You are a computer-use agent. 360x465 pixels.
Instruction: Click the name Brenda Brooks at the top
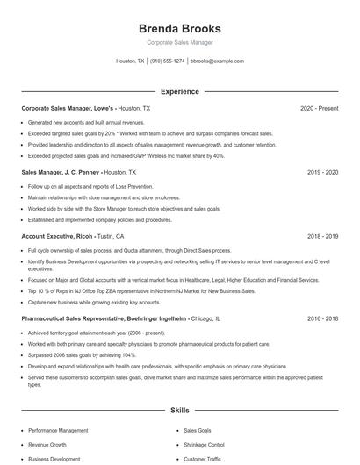[179, 28]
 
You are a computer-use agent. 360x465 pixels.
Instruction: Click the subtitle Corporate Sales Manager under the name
[179, 42]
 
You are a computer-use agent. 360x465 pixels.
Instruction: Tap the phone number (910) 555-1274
[167, 61]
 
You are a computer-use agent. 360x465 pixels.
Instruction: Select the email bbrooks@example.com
[217, 61]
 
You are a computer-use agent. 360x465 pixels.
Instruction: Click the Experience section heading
[179, 91]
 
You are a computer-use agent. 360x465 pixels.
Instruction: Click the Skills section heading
[179, 410]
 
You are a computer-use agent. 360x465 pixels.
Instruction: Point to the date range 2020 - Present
[319, 108]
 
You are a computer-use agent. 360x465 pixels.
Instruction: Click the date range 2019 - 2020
[322, 172]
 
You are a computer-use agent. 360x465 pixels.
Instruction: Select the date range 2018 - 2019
[322, 236]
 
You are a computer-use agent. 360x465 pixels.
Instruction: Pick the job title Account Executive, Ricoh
[59, 236]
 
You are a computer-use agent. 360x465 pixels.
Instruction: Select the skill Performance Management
[58, 431]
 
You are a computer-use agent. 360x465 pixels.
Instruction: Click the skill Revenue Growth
[47, 445]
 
